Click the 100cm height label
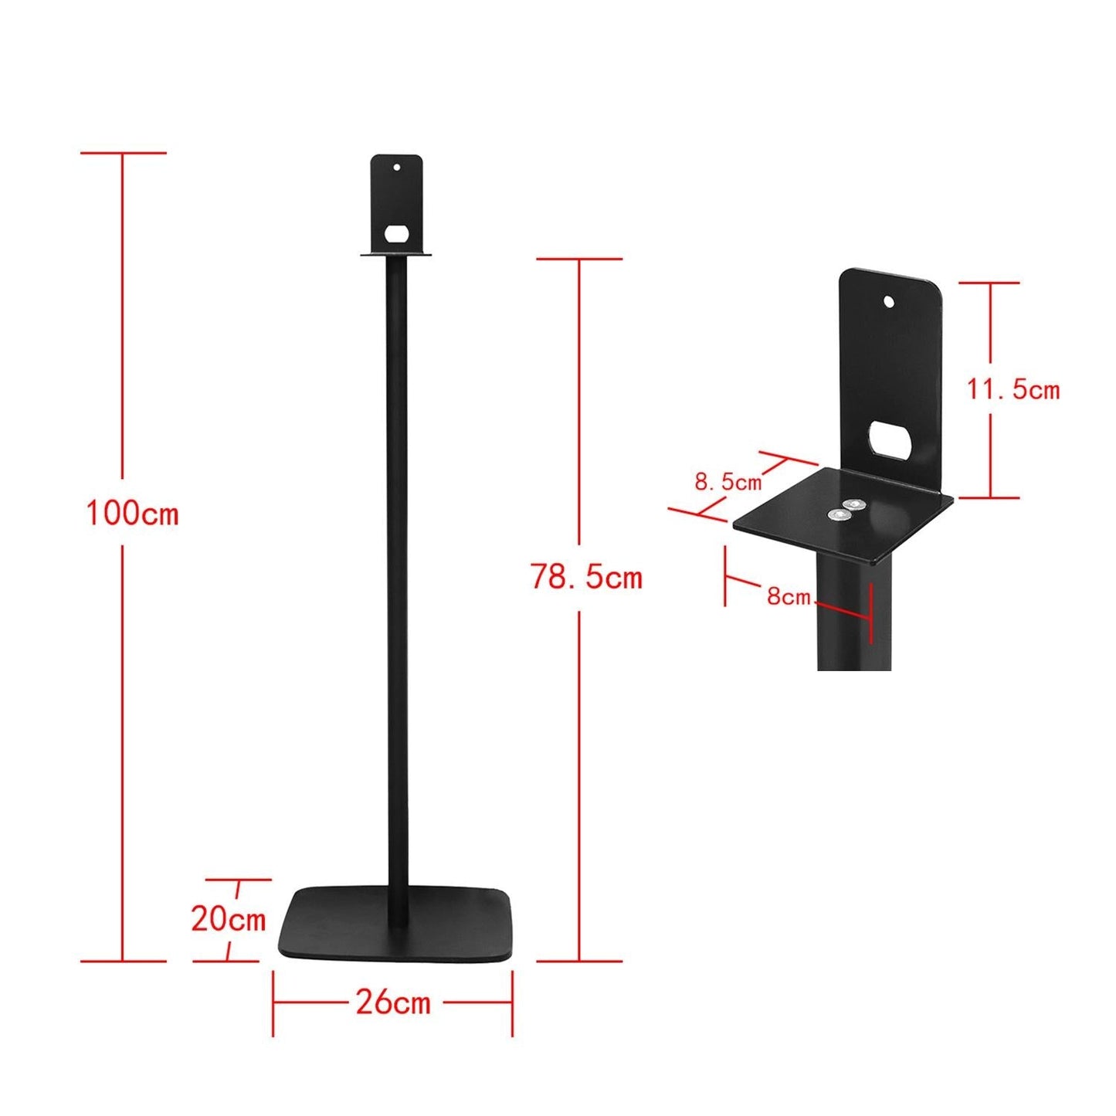(x=132, y=513)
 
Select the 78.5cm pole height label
(x=586, y=577)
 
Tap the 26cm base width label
(x=393, y=1002)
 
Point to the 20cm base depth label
(x=228, y=919)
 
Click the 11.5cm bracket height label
(x=1013, y=389)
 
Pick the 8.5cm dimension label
(x=728, y=482)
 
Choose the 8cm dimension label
(x=789, y=596)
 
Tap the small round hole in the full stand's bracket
(x=397, y=166)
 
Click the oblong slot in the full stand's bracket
(x=397, y=233)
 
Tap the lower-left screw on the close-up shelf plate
(x=836, y=514)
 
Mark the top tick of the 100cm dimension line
(x=123, y=153)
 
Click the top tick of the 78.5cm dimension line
(x=579, y=259)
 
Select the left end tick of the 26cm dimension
(x=273, y=1003)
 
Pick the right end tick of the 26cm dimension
(x=512, y=1003)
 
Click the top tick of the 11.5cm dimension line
(x=989, y=283)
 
